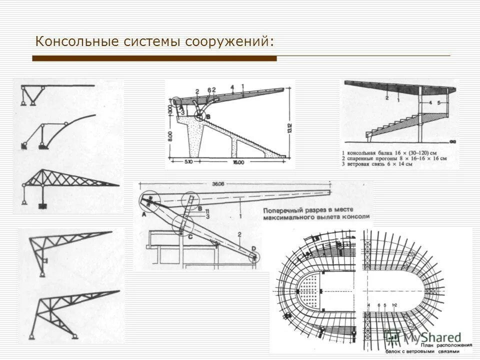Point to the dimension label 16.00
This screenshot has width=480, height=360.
(238, 162)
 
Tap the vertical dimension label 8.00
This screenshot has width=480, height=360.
(170, 136)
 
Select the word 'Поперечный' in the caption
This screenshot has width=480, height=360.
(283, 210)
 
